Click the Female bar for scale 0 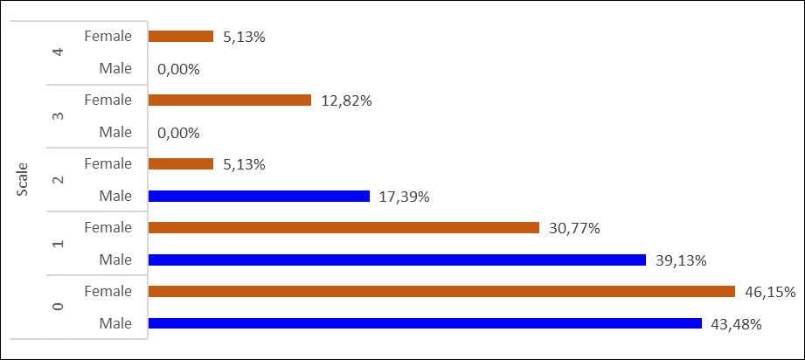[x=441, y=291]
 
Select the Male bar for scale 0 [x=425, y=323]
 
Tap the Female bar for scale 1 [x=344, y=227]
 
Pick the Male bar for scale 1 [x=397, y=260]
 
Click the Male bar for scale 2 [x=260, y=196]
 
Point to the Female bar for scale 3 [x=230, y=100]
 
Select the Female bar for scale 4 [x=181, y=37]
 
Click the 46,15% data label [x=769, y=292]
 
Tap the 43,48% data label [x=736, y=324]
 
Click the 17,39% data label [x=404, y=197]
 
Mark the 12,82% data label [x=345, y=100]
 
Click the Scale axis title [x=24, y=179]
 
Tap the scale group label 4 [x=59, y=52]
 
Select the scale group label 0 [x=59, y=307]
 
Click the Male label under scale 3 [x=115, y=132]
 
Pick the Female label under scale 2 [x=108, y=163]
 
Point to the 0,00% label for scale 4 [x=179, y=69]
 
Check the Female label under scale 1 [x=108, y=227]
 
